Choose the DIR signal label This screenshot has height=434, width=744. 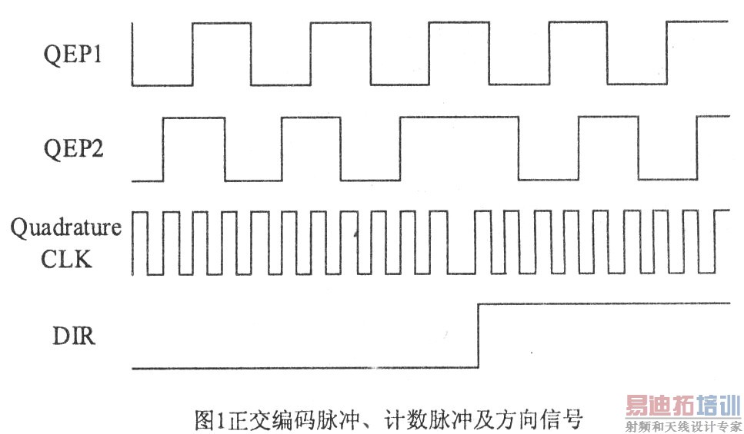tap(74, 336)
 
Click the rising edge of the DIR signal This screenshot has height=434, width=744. tap(479, 336)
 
